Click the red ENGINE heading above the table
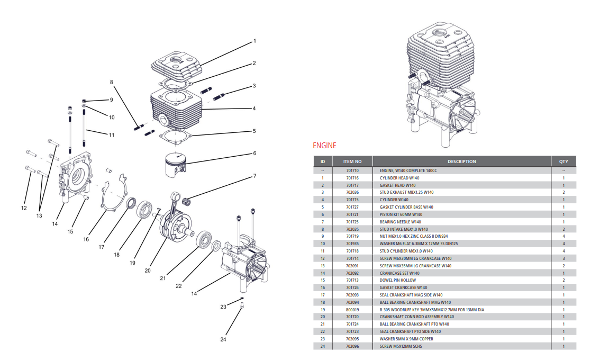point(324,146)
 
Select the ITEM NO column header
point(352,161)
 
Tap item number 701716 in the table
point(352,178)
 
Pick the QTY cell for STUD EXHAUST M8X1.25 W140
point(563,193)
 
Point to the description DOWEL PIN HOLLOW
point(397,280)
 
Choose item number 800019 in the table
point(352,310)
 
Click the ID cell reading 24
point(322,346)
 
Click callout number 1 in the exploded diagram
point(254,41)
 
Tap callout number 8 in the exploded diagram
point(112,82)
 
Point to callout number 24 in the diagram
point(222,339)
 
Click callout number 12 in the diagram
point(24,208)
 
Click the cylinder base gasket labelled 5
point(175,136)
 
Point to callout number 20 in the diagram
point(148,270)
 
